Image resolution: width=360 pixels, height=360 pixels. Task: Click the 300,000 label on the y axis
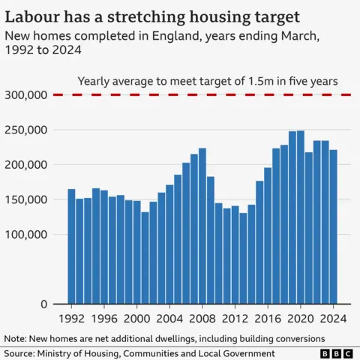point(26,95)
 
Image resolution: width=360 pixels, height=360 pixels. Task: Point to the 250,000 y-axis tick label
point(26,130)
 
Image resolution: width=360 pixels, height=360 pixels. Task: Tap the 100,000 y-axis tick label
point(26,234)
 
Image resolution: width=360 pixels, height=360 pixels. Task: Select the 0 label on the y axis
point(44,304)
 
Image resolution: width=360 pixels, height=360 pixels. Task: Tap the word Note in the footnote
point(16,337)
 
